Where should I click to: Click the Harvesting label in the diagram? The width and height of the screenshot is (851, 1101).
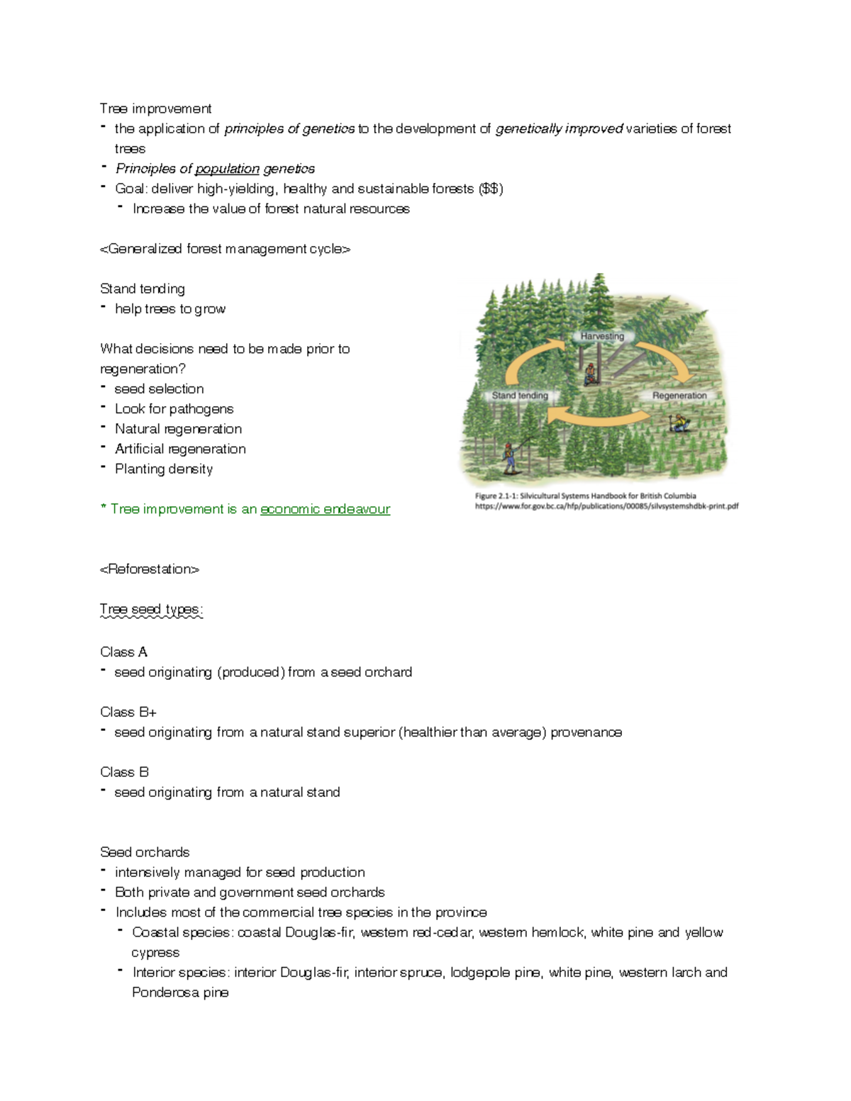pos(602,336)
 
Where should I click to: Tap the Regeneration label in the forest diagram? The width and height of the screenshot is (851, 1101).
pos(679,396)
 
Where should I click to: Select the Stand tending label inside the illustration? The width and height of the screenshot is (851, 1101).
pos(520,396)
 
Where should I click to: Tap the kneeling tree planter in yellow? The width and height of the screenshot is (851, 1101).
pos(679,423)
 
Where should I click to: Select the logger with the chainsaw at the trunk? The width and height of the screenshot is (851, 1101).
pos(589,373)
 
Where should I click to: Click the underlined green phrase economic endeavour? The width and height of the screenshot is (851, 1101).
pos(325,509)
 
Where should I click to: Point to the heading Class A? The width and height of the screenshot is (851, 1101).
pos(123,652)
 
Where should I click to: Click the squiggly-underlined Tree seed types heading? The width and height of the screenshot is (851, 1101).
pos(152,610)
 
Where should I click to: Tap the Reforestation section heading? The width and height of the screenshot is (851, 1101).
pos(150,569)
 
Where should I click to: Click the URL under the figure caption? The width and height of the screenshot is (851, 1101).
pos(606,506)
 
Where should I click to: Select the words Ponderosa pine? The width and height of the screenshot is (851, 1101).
pos(180,993)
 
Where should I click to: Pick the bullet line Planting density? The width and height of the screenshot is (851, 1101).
pos(163,469)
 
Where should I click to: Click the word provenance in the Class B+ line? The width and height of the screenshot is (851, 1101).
pos(586,732)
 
